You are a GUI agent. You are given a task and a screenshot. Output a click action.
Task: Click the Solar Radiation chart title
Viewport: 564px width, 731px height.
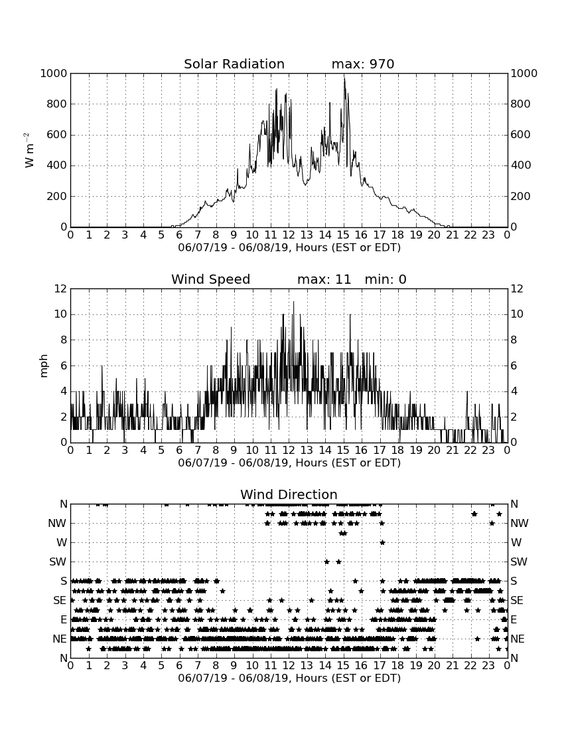[234, 64]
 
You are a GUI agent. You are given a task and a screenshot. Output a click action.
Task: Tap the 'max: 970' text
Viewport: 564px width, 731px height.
[363, 64]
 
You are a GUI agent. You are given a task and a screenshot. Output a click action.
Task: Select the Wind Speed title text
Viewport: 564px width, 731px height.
[211, 279]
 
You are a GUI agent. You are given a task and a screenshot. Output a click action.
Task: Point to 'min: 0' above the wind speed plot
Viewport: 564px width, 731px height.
[386, 279]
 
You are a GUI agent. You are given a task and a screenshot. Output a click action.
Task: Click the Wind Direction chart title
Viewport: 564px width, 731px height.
[289, 494]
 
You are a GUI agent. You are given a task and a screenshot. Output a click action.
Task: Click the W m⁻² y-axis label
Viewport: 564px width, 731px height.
[29, 150]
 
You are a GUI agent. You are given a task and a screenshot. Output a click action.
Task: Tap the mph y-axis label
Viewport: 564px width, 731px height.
[43, 366]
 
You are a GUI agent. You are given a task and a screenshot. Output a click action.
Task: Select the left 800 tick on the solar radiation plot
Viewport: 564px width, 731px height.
[57, 104]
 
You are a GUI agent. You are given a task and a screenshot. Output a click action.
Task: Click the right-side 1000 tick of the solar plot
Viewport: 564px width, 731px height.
[524, 73]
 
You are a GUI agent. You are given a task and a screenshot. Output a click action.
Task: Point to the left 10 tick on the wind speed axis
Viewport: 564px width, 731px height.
[60, 314]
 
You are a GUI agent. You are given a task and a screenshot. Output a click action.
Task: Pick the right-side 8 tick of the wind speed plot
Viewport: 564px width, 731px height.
[514, 340]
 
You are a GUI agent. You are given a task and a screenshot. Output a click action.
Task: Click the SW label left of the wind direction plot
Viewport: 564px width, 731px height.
[58, 562]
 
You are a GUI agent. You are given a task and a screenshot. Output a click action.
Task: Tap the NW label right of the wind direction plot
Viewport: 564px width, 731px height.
[520, 523]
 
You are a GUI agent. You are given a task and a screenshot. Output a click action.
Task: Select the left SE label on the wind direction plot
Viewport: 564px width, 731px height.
[60, 601]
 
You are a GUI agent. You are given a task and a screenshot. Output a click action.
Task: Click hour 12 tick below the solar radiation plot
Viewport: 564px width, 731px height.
[289, 235]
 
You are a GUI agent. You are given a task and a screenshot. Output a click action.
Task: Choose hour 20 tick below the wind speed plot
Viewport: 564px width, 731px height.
[434, 451]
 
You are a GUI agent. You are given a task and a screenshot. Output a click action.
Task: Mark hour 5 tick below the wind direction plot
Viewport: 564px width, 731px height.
[161, 666]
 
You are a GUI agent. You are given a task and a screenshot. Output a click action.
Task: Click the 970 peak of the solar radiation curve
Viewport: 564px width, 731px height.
[344, 78]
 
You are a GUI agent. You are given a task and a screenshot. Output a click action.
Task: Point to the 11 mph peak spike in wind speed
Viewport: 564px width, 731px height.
[294, 302]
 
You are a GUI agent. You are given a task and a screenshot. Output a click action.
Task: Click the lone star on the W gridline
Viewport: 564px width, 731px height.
[382, 542]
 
